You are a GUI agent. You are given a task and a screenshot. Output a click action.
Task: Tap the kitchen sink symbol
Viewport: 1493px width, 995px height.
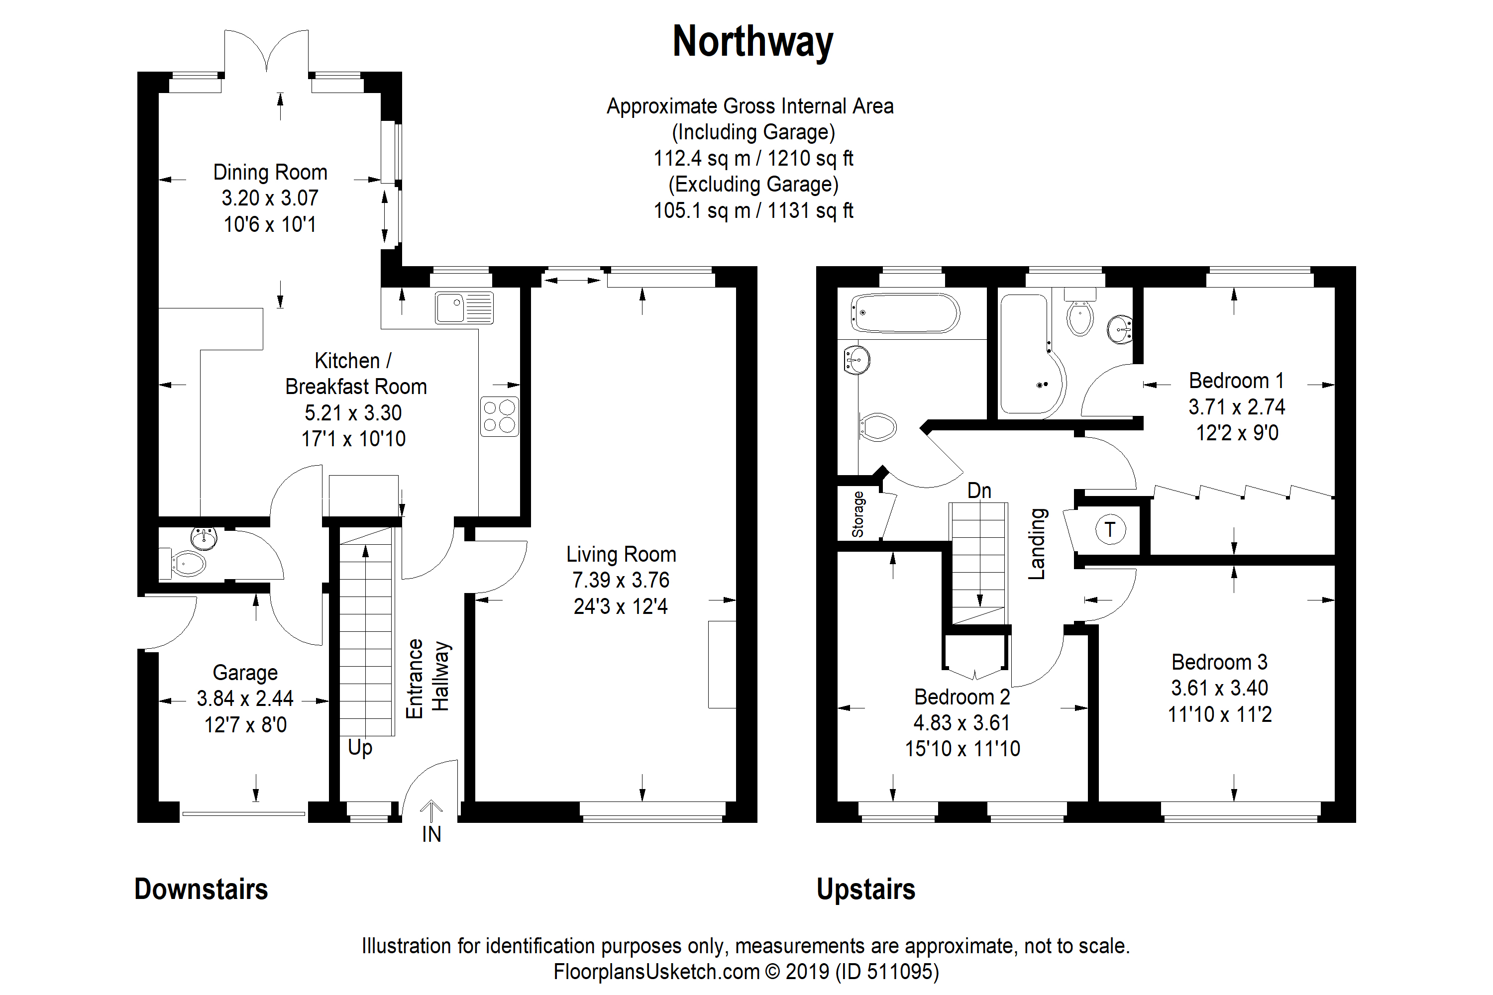[464, 308]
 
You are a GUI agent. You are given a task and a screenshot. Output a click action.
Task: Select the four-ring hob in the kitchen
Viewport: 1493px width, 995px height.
[500, 416]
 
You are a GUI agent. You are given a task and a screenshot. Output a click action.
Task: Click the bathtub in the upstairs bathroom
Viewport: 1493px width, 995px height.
[905, 313]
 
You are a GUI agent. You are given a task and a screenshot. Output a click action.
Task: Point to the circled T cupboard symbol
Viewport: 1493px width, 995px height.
[1110, 529]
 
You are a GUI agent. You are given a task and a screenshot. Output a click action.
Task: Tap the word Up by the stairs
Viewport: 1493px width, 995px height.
[360, 748]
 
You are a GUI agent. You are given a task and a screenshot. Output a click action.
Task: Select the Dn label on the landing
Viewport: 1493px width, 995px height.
[979, 491]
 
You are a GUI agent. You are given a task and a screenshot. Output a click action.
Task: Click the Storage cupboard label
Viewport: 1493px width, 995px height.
[857, 514]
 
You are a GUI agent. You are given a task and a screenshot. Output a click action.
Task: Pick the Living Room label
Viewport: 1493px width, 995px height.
[621, 554]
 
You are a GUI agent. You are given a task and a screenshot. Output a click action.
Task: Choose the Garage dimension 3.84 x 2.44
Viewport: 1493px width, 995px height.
[245, 698]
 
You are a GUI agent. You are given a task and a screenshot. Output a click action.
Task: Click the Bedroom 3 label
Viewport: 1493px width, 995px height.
[1219, 662]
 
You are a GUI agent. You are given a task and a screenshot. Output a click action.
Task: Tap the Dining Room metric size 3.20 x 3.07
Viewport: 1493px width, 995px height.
[270, 198]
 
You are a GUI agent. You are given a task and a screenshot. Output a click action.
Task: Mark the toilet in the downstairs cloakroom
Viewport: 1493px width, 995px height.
[189, 563]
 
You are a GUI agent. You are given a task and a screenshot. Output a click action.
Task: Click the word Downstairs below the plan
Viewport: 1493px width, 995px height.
[201, 889]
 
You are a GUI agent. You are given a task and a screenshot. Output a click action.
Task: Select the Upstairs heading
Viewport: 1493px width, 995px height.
[866, 889]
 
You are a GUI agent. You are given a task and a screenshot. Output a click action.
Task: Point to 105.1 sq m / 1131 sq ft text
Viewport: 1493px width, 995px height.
[753, 210]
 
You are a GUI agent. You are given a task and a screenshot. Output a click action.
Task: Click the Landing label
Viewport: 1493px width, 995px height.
[1037, 544]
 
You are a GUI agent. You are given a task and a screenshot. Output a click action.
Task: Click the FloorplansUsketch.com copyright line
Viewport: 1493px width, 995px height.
[746, 972]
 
